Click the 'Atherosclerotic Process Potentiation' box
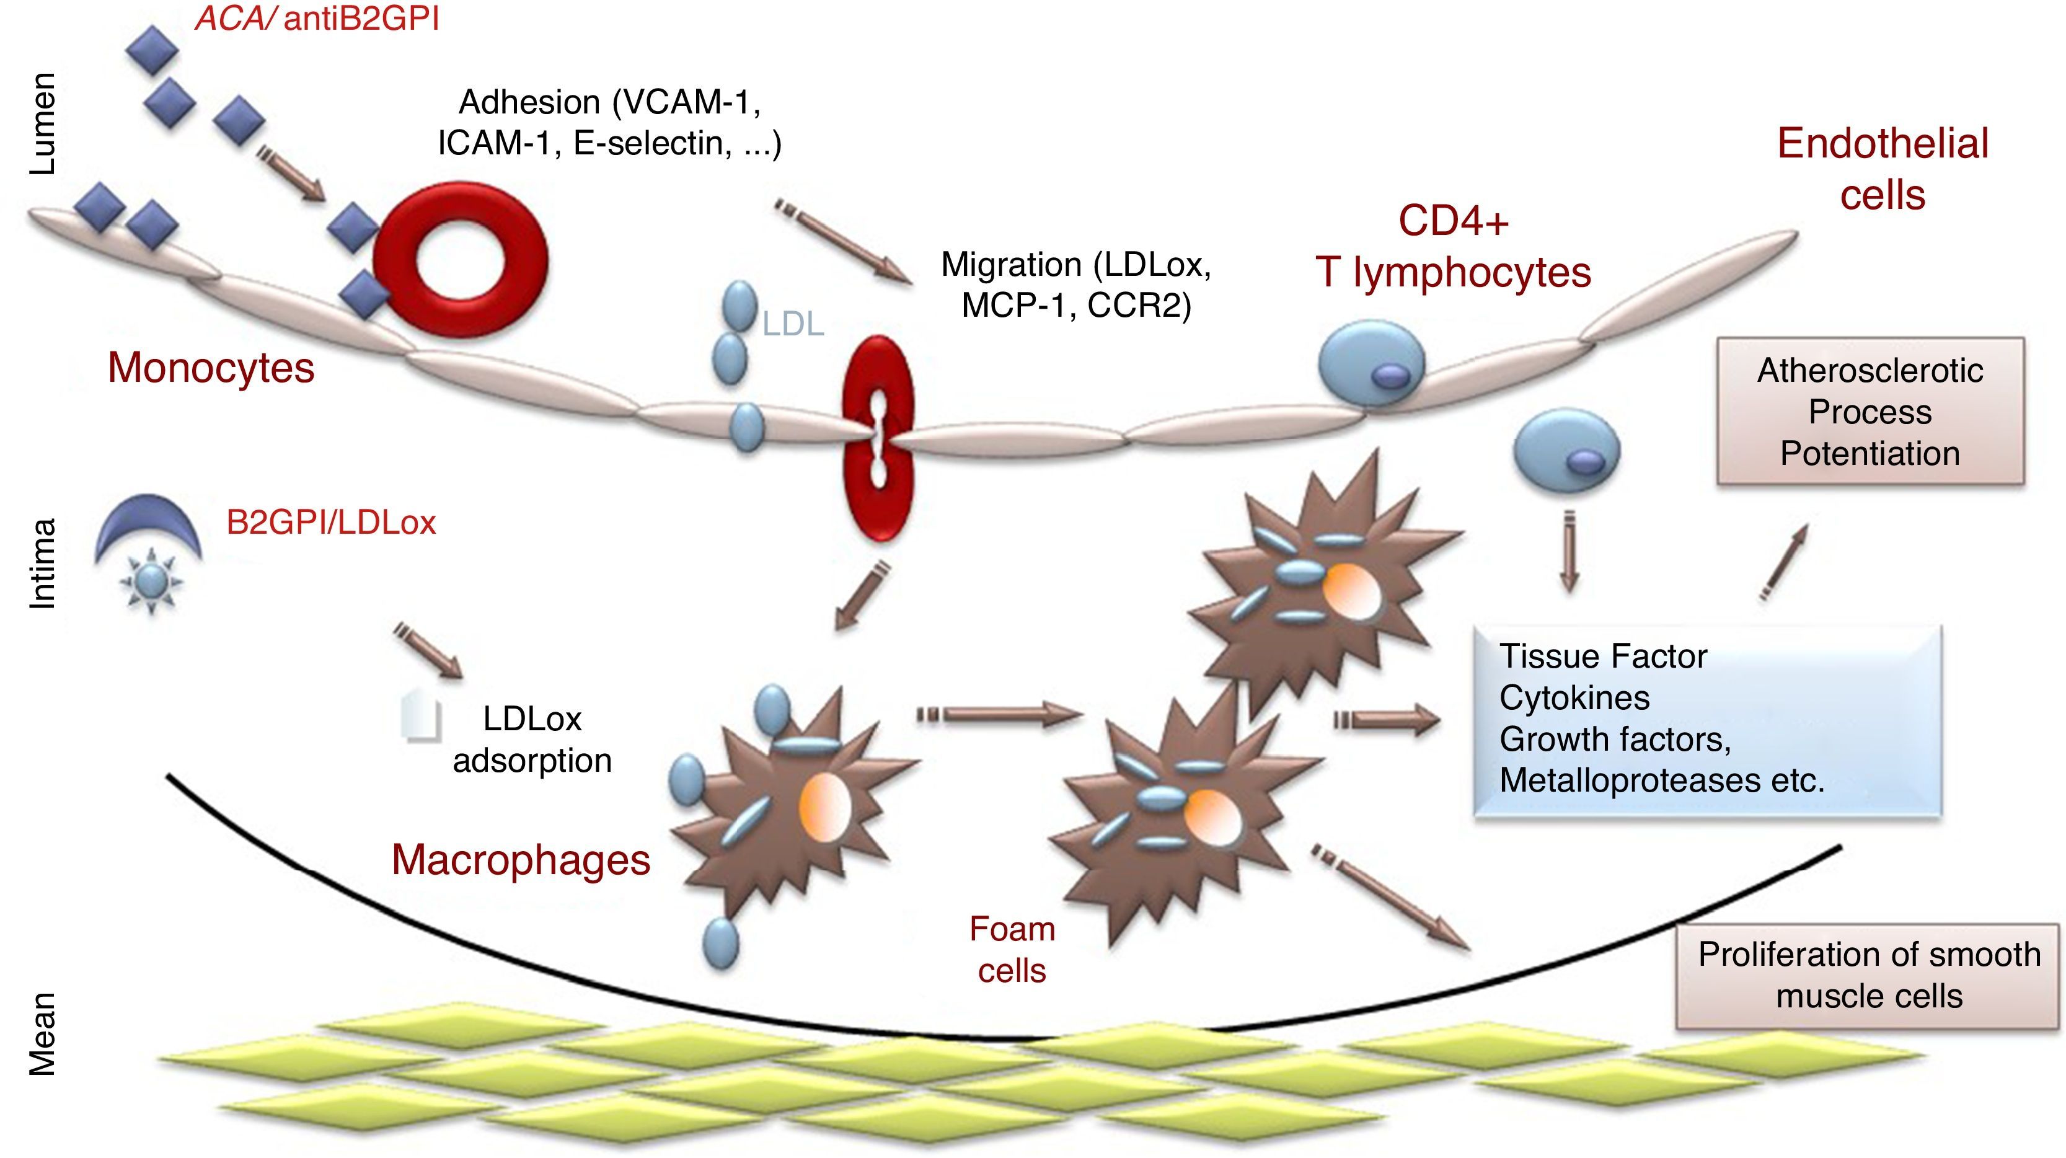1870,412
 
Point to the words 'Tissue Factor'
1602,656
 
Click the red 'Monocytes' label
211,368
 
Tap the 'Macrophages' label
521,860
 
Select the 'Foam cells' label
1012,950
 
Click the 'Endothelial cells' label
1883,169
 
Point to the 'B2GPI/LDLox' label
330,523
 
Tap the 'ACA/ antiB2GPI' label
317,17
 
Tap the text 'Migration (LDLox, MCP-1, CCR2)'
1075,285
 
